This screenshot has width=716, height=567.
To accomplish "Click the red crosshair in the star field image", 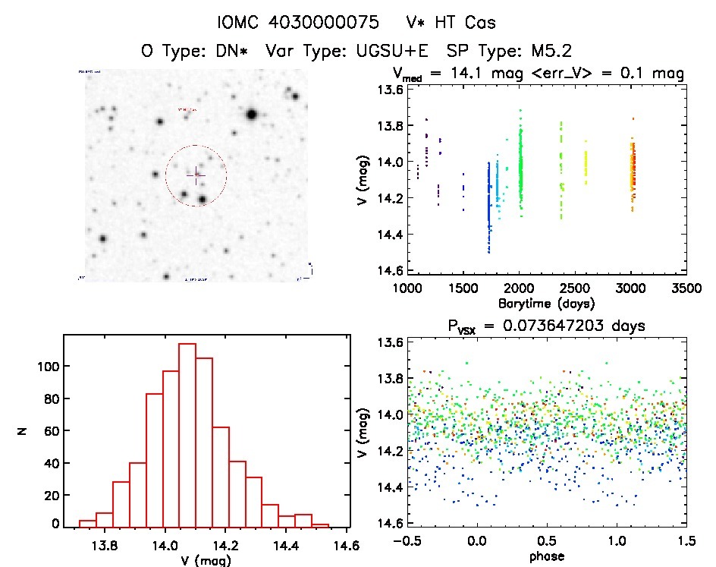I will click(x=196, y=175).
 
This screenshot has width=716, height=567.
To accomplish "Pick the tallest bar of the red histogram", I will click(x=187, y=433).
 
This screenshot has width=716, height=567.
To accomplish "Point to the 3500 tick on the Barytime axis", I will click(x=686, y=289).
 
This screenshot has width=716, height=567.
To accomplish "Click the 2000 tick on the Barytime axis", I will click(x=519, y=289).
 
